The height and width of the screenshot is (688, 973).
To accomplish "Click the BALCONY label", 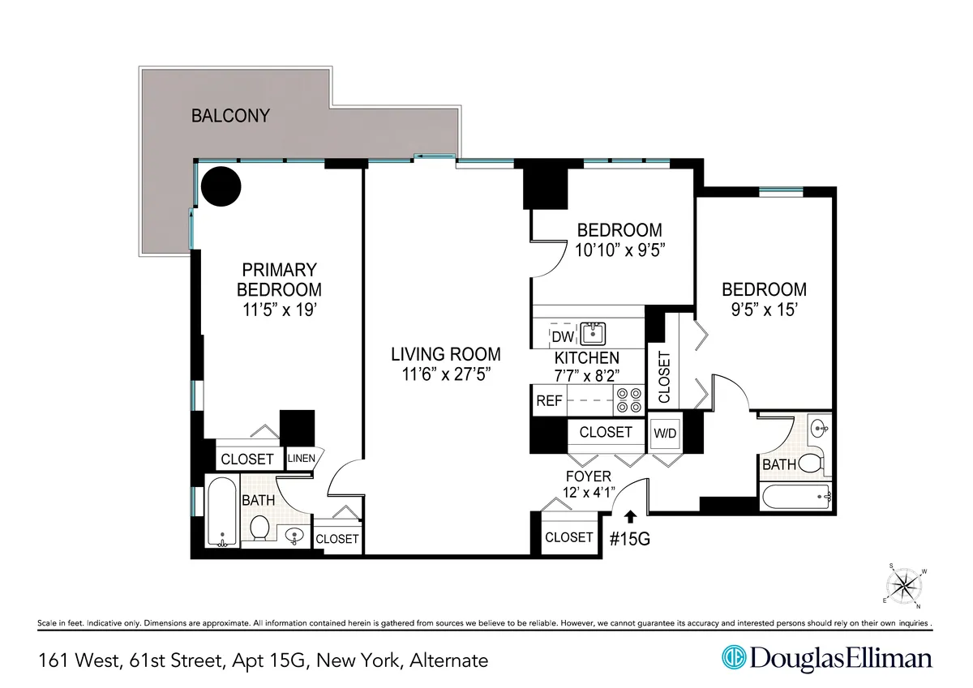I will pos(229,116).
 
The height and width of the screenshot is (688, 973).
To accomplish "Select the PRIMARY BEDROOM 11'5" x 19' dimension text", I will pos(278,310).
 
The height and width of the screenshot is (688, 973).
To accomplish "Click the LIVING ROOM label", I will pos(445,354).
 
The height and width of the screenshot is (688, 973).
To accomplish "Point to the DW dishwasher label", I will pos(561,336).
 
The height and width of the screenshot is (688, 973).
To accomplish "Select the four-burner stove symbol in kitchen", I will pos(629,400).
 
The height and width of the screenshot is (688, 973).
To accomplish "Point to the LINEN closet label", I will pos(302,459).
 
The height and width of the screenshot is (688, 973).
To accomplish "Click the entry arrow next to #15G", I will pos(629,515).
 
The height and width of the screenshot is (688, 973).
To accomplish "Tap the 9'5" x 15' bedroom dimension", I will pos(765,309).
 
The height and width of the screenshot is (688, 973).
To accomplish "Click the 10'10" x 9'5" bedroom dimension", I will pos(619,250).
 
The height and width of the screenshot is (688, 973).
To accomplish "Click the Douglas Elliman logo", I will pos(827,658).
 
